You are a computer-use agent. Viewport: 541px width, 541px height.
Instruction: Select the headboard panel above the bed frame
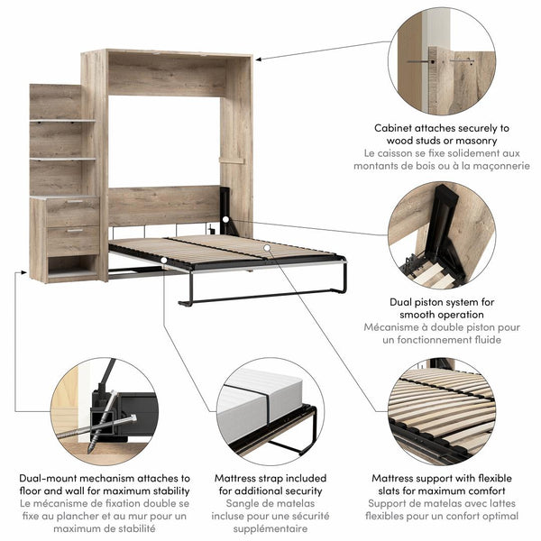pos(162,206)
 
